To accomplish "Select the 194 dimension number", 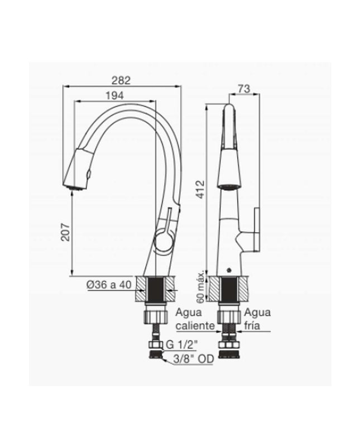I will [114, 95].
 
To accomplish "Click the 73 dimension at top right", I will [243, 88].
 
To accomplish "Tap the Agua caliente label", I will [193, 319].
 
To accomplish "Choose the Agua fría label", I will [257, 319].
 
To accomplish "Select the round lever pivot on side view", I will [163, 241].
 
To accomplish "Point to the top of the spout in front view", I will [229, 108].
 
